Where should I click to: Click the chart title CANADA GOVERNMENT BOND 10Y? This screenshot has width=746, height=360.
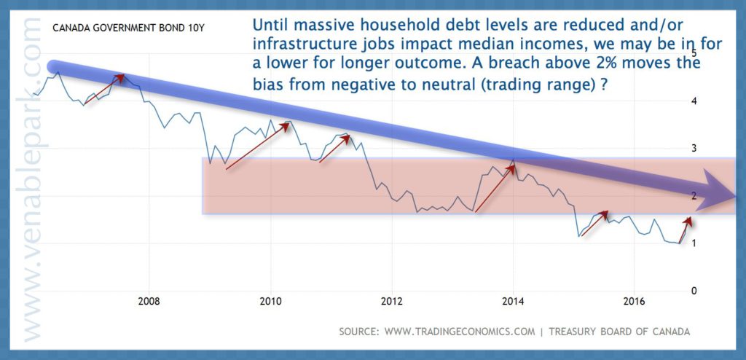(128, 28)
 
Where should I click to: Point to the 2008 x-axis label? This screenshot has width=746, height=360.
(149, 302)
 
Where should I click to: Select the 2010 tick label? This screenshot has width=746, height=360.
(271, 302)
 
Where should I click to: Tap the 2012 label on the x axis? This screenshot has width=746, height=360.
(391, 302)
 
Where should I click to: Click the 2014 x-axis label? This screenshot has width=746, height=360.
(513, 302)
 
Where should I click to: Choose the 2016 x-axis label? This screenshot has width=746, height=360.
(634, 302)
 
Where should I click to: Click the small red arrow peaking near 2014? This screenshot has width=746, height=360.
(495, 187)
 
